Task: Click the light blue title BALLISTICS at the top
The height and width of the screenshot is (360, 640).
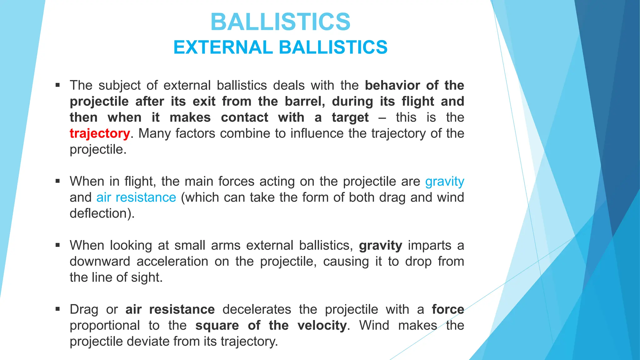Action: pyautogui.click(x=280, y=22)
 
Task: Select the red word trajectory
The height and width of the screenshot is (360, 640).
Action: pyautogui.click(x=100, y=133)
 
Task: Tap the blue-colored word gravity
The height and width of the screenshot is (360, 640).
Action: pyautogui.click(x=445, y=182)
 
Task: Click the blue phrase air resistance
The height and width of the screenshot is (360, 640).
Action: pyautogui.click(x=136, y=197)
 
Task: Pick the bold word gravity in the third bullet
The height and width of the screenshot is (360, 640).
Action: pyautogui.click(x=380, y=246)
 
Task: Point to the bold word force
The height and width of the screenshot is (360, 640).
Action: pyautogui.click(x=448, y=309)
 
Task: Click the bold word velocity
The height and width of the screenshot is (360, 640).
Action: pyautogui.click(x=322, y=325)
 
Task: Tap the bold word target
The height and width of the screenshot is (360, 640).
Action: pyautogui.click(x=350, y=117)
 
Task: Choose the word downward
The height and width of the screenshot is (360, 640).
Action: pyautogui.click(x=100, y=261)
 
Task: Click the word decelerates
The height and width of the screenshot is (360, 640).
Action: pyautogui.click(x=257, y=309)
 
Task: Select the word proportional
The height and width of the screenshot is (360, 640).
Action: pyautogui.click(x=105, y=325)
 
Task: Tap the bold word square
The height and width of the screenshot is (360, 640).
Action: pyautogui.click(x=217, y=325)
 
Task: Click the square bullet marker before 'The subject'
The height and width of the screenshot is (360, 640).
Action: pyautogui.click(x=57, y=85)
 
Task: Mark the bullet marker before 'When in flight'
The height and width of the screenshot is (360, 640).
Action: pyautogui.click(x=57, y=181)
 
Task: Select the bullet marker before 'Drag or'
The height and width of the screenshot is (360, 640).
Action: pyautogui.click(x=57, y=309)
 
